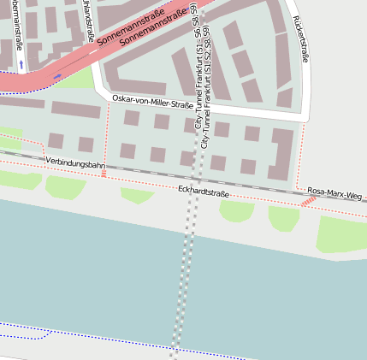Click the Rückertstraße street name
coord(299,38)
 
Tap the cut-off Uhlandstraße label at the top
coord(89,21)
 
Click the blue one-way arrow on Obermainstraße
coord(21,65)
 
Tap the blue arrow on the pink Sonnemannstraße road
coord(57,77)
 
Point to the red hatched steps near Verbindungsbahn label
coord(104,173)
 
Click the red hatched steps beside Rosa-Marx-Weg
coord(307,202)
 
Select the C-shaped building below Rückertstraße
coord(282,150)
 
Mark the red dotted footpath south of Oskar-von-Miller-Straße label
coord(107,137)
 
